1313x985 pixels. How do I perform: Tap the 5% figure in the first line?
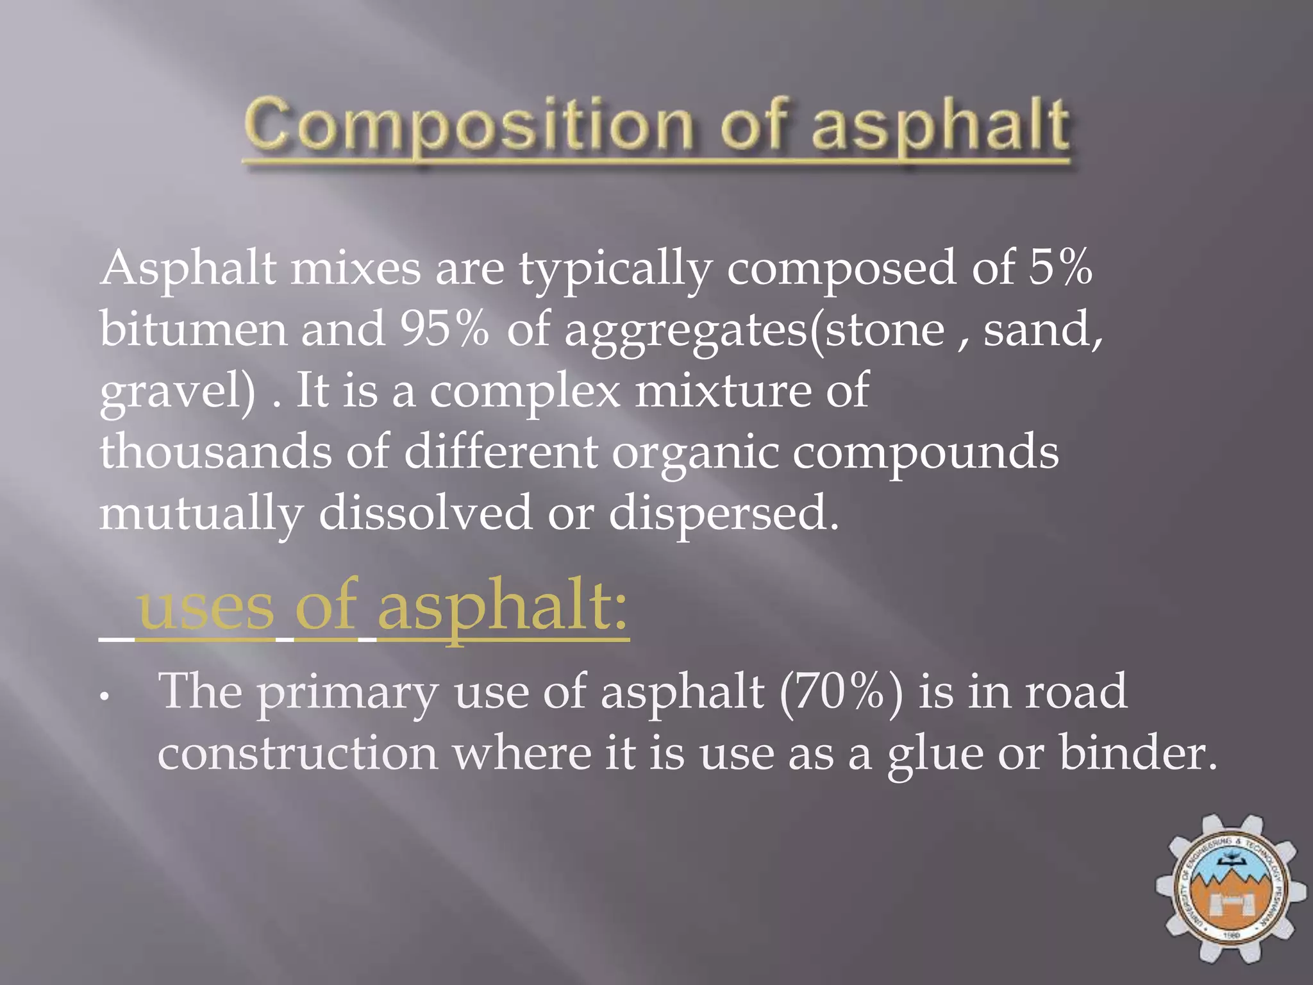pos(1060,267)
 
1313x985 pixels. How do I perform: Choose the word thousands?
pos(215,451)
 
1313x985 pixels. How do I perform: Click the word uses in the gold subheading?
pos(205,607)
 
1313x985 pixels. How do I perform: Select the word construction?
pos(298,753)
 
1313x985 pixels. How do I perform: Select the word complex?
pos(524,391)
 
